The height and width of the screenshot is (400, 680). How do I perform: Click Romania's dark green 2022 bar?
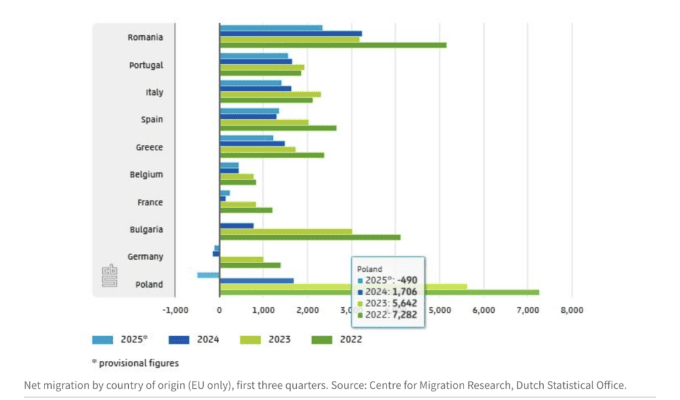[x=332, y=45]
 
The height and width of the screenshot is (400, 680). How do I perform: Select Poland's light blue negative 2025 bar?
[x=209, y=274]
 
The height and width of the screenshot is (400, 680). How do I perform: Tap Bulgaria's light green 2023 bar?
[x=286, y=231]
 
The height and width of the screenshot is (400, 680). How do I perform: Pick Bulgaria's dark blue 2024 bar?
[x=236, y=225]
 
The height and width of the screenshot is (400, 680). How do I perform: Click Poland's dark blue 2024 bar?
[x=256, y=280]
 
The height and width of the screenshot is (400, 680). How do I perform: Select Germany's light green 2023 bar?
[x=241, y=259]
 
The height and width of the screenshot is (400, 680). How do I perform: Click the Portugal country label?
[x=146, y=65]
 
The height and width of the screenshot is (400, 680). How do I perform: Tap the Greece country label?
[x=149, y=148]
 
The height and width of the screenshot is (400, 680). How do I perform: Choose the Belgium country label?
[x=146, y=175]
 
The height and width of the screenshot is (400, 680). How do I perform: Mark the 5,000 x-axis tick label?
[x=440, y=310]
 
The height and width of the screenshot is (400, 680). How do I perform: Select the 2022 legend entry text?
[x=351, y=340]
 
